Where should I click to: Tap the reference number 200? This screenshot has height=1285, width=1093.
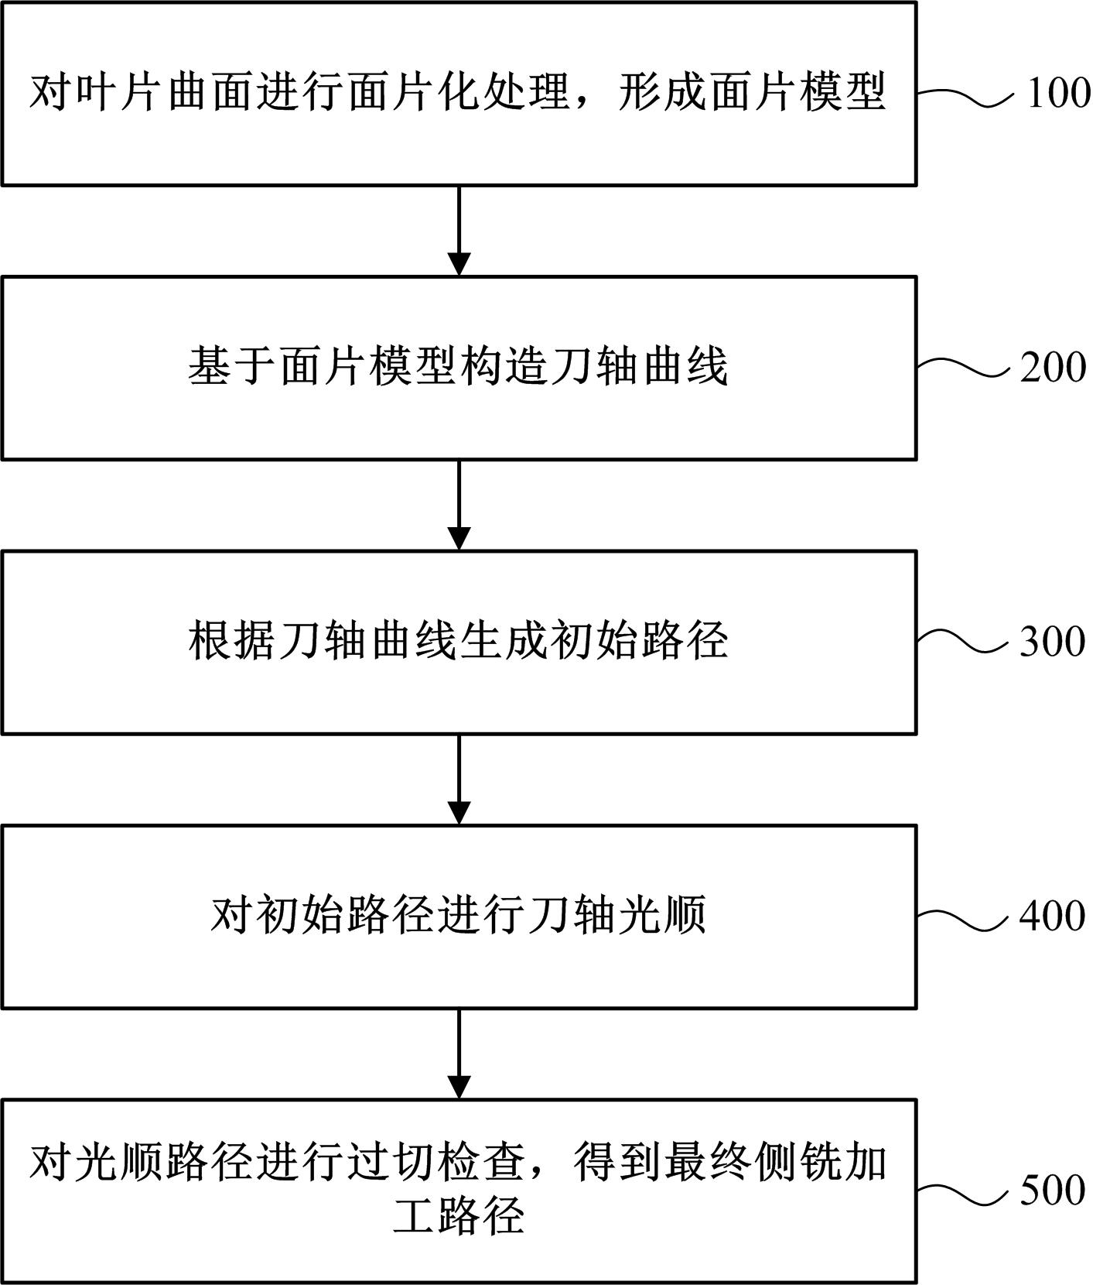1053,367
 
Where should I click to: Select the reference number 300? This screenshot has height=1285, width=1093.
1053,641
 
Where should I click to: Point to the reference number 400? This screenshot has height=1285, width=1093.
1053,916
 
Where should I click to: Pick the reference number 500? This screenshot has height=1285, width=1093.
1053,1190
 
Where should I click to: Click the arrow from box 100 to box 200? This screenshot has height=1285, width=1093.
459,230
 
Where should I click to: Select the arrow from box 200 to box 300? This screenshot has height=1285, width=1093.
459,504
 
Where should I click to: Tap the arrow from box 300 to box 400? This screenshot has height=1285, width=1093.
459,779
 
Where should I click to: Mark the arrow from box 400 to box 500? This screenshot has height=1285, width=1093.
459,1053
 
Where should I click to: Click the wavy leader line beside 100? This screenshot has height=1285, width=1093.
964,97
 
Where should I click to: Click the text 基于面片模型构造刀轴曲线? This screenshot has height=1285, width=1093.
458,367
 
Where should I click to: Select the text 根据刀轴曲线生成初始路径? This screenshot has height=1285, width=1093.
458,642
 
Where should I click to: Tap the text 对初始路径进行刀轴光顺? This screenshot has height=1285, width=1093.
458,916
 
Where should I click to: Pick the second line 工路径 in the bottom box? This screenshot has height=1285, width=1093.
459,1215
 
